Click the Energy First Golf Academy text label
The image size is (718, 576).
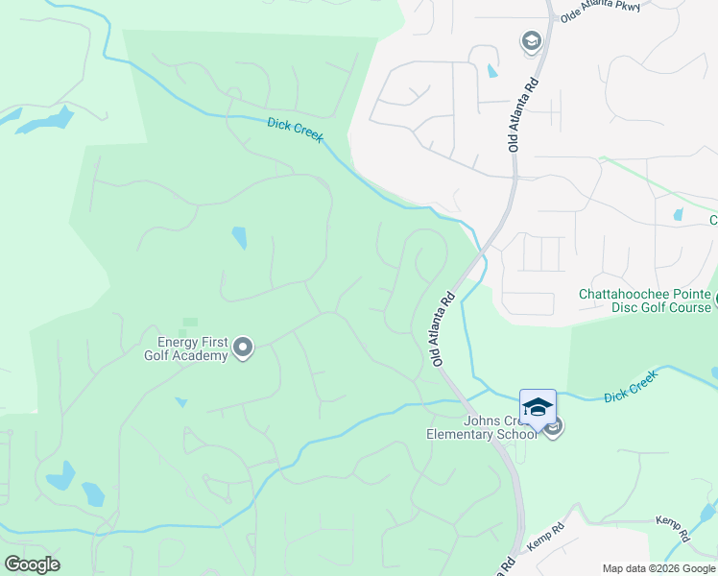[186, 348]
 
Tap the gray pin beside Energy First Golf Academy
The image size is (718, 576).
[243, 348]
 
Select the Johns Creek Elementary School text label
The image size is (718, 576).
[482, 427]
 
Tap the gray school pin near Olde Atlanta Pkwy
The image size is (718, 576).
[530, 41]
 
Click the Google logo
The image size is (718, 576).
[32, 564]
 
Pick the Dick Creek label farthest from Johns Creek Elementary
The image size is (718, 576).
[295, 130]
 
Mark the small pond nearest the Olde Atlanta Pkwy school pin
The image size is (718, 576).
[492, 70]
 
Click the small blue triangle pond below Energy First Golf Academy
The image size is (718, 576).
[180, 402]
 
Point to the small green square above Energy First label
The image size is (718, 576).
[189, 323]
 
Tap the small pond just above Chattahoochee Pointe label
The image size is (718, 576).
[679, 215]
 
